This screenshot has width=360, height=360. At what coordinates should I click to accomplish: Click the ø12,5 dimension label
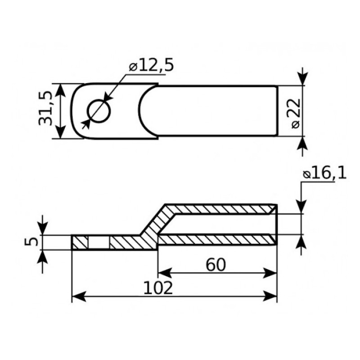click(151, 66)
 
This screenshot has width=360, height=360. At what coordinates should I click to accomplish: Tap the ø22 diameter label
click(296, 113)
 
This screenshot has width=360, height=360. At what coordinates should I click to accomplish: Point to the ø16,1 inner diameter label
click(324, 175)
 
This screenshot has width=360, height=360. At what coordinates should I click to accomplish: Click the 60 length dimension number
click(216, 265)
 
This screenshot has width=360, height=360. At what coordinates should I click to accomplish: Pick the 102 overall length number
click(158, 288)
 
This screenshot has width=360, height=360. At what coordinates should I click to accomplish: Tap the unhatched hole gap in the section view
click(99, 242)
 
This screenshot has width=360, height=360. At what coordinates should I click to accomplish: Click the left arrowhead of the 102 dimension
click(79, 296)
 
